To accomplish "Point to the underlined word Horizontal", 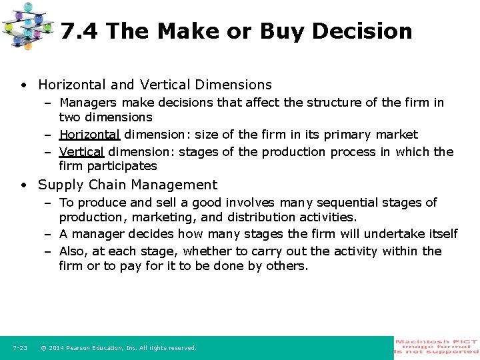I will (89, 135).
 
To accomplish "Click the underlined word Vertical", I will (81, 152).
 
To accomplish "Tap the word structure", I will (309, 103).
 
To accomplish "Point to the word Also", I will (73, 251).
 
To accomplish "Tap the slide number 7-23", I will (20, 348).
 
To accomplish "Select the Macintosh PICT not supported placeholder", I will (437, 347).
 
